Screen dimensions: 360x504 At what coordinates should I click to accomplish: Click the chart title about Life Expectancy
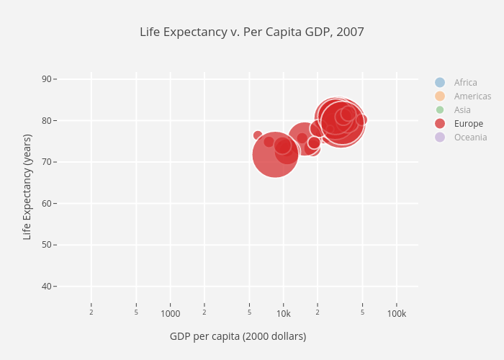coord(252,32)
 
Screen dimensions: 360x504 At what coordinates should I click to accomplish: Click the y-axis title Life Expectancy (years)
coord(27,186)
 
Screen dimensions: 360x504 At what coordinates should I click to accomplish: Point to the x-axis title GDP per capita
coord(238,336)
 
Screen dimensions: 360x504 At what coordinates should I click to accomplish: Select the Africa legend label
coord(465,82)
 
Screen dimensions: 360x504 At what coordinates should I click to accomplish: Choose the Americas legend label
coord(472,96)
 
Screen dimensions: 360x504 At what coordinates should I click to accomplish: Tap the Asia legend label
coord(462,109)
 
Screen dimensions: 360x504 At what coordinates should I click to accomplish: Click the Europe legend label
coord(469,123)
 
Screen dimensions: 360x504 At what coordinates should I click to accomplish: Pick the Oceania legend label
coord(470,137)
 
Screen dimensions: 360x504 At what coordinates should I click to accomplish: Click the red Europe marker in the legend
coord(440,123)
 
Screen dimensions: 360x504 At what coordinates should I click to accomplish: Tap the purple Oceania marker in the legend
coord(440,137)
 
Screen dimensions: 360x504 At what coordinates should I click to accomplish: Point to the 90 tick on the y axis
coord(47,78)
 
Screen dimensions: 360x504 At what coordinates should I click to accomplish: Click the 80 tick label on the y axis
coord(47,120)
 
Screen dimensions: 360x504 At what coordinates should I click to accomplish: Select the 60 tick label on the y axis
coord(47,203)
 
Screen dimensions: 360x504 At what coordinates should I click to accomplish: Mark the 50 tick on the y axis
coord(47,245)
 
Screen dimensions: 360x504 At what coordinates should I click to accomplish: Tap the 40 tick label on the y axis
coord(47,287)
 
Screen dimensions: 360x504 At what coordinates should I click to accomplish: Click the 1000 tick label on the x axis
coord(170,313)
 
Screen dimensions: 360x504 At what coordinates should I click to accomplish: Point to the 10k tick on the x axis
coord(283,313)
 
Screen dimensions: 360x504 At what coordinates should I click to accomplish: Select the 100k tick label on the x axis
coord(396,313)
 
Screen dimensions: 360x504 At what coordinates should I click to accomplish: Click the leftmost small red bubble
coord(258,135)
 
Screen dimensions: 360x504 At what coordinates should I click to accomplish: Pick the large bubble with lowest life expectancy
coord(275,154)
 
